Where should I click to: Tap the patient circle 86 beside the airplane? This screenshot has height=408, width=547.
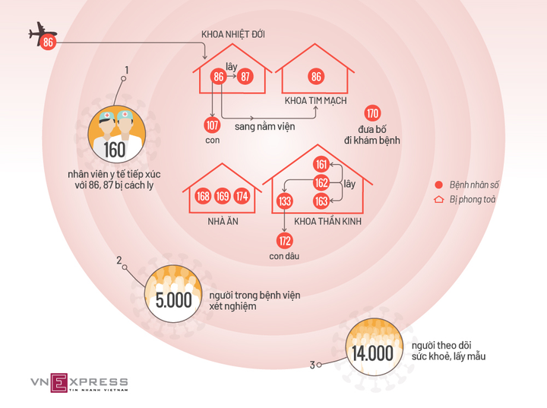click(49, 43)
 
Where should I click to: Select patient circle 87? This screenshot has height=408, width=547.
click(245, 77)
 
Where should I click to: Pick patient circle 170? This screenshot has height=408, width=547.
click(372, 114)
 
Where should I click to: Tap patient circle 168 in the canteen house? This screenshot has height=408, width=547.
click(204, 196)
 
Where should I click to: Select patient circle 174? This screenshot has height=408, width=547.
click(242, 196)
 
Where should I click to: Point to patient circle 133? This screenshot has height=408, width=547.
click(285, 201)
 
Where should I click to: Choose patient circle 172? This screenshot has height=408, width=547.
click(285, 241)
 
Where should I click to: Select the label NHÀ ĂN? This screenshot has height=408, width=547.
click(222, 221)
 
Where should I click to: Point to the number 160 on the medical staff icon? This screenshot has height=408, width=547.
click(115, 150)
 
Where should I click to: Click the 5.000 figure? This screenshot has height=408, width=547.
click(174, 300)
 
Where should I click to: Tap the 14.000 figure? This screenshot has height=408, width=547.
click(372, 353)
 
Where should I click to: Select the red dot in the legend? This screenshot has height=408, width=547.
click(438, 185)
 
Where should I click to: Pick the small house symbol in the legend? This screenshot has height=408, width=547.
click(438, 200)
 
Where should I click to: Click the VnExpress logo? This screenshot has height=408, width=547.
click(79, 382)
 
